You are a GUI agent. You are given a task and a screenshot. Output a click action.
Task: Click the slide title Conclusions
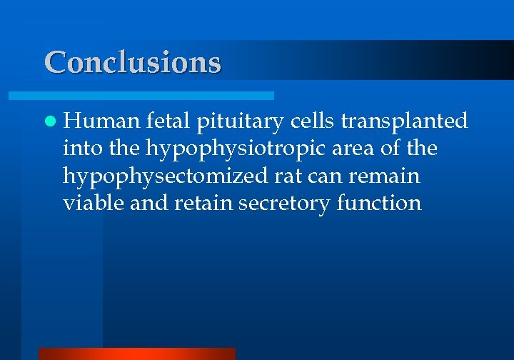coord(133,62)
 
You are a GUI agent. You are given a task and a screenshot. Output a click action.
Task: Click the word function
coord(379,204)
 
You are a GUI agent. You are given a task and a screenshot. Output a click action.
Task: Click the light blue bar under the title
coord(141,95)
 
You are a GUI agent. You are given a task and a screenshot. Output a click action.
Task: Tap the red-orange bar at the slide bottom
coord(136,354)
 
